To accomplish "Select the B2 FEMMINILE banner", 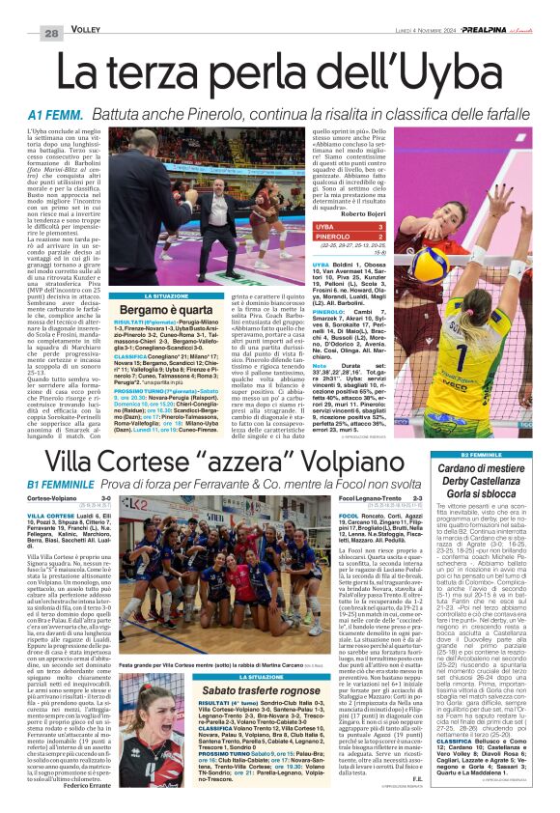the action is (x=495, y=454).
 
